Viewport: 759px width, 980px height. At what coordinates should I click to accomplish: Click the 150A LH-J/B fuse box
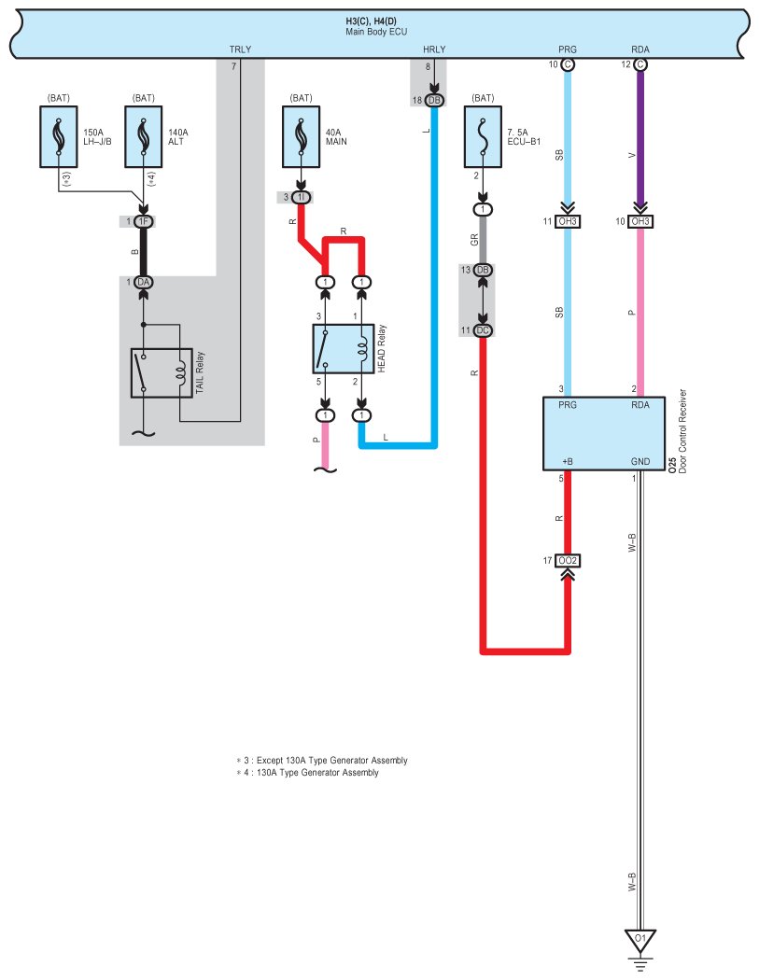click(59, 136)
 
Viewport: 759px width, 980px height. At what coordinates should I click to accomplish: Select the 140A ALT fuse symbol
click(144, 136)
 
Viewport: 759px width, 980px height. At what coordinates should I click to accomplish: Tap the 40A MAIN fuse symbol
click(302, 136)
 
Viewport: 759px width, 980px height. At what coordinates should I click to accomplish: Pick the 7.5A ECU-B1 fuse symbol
click(483, 136)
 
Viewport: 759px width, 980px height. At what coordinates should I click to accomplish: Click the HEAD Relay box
click(344, 349)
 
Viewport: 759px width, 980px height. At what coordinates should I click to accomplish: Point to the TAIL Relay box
click(162, 373)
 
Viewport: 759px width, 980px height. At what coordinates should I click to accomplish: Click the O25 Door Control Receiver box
click(603, 434)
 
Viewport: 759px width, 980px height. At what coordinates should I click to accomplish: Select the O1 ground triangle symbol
click(640, 940)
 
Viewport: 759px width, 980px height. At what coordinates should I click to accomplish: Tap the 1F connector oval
click(144, 221)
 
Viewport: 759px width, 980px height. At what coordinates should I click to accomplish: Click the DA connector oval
click(144, 283)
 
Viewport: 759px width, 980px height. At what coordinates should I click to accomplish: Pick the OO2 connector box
click(568, 561)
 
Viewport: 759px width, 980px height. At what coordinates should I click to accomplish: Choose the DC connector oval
click(483, 330)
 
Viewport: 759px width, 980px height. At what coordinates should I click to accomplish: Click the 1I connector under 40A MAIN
click(302, 198)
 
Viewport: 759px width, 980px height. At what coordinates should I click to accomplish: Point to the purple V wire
click(640, 137)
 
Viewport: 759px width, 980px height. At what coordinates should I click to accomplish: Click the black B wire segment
click(144, 252)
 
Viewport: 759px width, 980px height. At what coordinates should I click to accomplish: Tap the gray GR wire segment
click(483, 240)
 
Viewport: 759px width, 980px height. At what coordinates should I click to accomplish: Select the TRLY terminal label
click(240, 49)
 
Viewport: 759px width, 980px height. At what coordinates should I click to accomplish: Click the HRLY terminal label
click(434, 49)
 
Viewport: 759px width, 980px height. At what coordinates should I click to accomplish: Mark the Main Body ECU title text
click(375, 32)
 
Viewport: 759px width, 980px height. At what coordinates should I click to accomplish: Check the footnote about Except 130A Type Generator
click(322, 761)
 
